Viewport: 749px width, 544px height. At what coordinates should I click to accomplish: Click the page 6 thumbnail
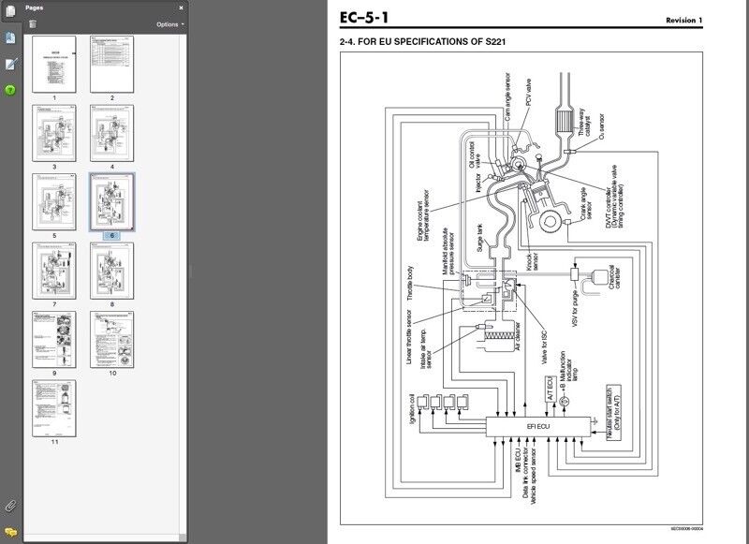(111, 200)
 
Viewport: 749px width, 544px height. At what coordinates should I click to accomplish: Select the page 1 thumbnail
(53, 64)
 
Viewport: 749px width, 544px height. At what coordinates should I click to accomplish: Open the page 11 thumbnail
(53, 407)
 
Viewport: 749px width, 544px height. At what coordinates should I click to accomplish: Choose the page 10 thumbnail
(111, 339)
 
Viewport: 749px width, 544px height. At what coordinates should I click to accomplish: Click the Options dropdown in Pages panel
(169, 24)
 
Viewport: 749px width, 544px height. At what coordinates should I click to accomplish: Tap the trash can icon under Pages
(33, 24)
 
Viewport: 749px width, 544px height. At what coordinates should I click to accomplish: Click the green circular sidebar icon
(10, 90)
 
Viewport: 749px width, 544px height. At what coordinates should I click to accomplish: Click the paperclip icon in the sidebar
(10, 506)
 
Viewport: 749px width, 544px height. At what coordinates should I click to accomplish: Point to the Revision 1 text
(683, 21)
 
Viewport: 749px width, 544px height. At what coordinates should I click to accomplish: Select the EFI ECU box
(538, 425)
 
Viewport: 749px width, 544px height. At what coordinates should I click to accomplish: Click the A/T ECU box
(551, 388)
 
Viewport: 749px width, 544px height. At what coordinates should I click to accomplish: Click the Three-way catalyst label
(586, 119)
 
